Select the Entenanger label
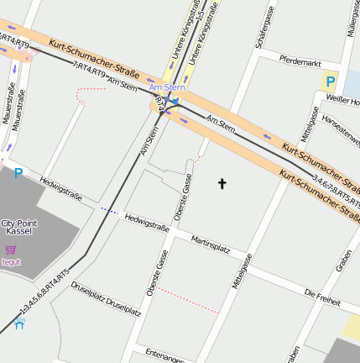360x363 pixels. point(164,354)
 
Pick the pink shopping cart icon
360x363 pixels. point(11,250)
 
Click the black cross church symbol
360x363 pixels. point(222,182)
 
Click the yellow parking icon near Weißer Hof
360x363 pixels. point(330,82)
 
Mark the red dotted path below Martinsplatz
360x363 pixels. point(188,301)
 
